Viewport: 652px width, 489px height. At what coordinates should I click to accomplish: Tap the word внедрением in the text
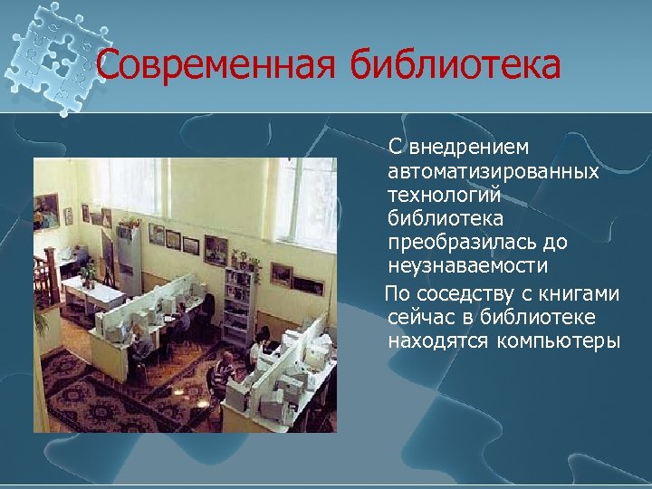coord(470,148)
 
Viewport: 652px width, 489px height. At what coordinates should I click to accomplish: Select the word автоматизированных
coord(493,171)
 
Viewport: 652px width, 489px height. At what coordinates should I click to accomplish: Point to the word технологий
coord(445,195)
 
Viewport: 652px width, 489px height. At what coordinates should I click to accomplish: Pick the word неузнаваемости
coord(467,266)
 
